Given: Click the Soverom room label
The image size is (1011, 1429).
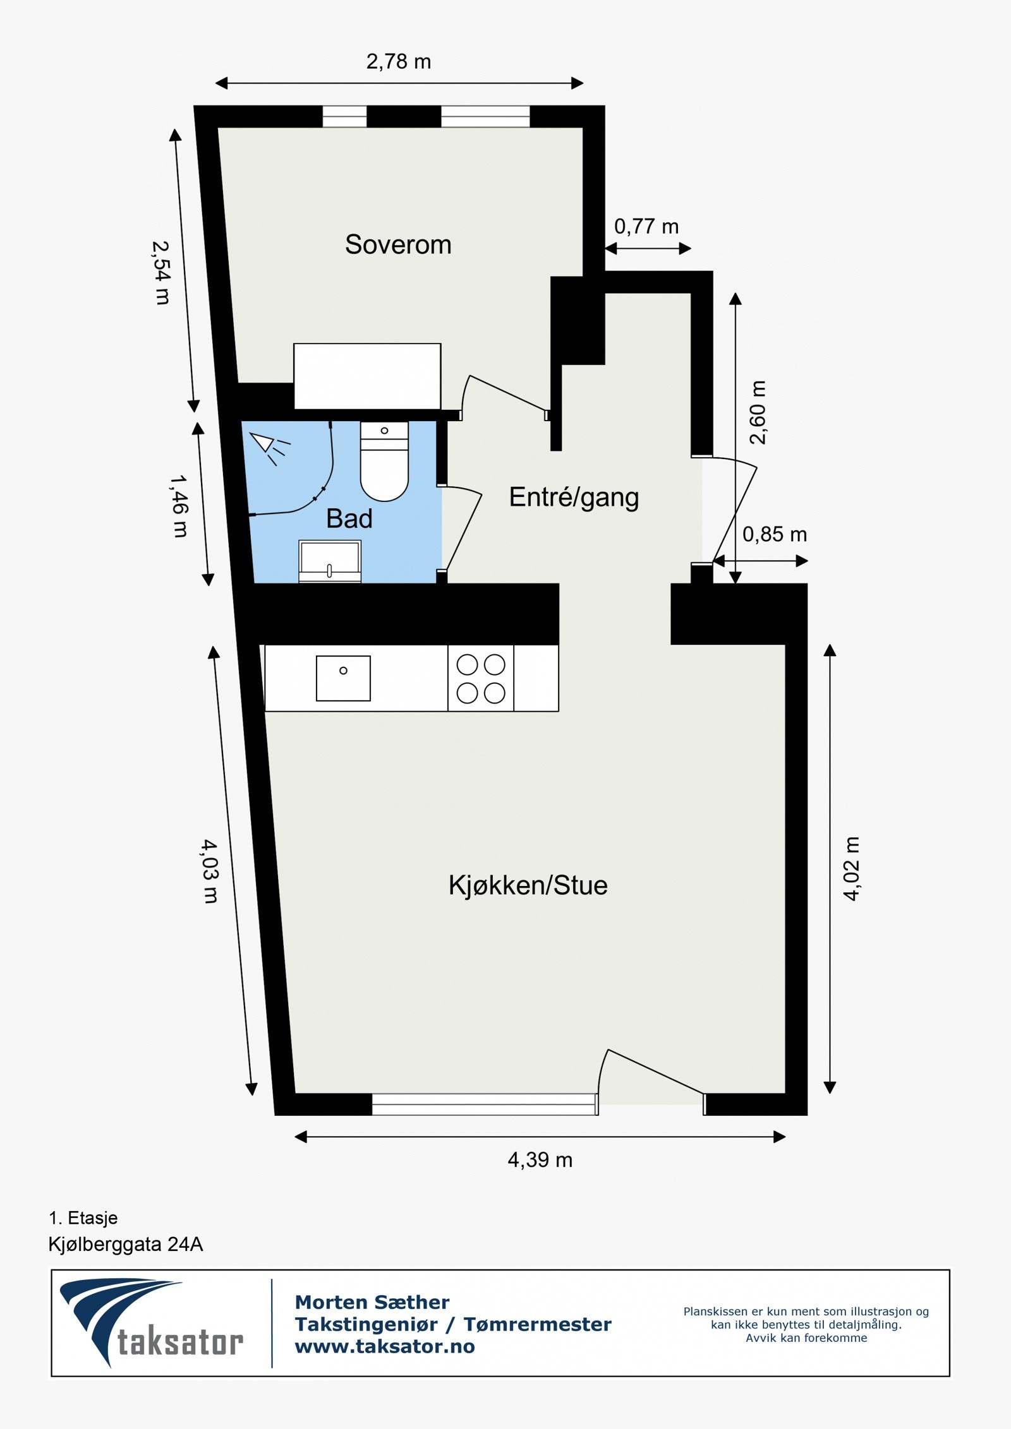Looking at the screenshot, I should pos(398,244).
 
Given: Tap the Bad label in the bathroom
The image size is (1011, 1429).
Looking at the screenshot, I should pos(349,518).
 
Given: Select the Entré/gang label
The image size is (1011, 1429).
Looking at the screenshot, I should pos(574,497).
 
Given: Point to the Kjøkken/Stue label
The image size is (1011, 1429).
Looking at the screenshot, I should pos(528,885).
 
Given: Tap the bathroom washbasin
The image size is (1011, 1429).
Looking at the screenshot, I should pos(330,561).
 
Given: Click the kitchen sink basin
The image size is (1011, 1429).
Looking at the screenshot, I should pos(343,678).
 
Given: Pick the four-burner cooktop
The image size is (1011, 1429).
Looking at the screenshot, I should pos(481,679).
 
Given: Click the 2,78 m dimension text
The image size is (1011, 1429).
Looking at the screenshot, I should pos(399,61).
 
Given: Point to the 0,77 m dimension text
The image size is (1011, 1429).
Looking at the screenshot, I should pos(646,226).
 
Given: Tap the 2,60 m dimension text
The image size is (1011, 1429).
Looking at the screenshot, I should pos(758,412).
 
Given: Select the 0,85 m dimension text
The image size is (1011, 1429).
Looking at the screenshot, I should pos(775,534).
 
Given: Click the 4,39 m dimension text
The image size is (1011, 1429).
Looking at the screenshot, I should pos(540,1159).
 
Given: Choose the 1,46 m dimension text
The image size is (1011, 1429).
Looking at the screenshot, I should pos(179,506).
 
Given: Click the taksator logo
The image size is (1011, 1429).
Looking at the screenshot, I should pos(152,1324).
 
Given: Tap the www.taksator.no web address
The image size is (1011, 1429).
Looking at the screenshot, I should pos(385,1346).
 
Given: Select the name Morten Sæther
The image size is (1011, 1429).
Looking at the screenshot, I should pos(372,1301).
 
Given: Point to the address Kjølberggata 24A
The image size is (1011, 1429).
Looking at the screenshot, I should pos(126,1244).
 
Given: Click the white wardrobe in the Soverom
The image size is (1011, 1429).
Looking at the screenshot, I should pos(367,376).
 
